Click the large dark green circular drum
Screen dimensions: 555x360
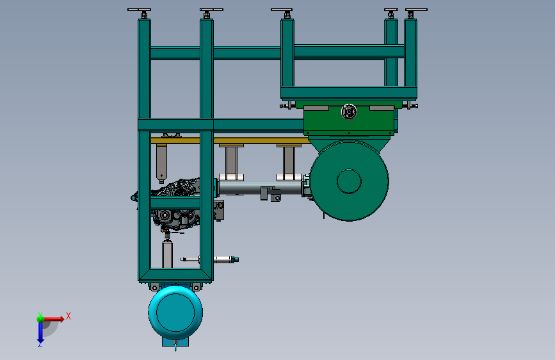tap(350, 181)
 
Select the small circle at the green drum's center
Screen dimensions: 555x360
tap(349, 181)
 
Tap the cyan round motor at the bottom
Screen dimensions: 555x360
tap(175, 313)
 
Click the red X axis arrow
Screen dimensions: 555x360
tap(53, 319)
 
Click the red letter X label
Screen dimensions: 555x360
tap(68, 316)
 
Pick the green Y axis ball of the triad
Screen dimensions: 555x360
tap(40, 319)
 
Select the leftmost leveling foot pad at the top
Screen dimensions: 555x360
tap(139, 10)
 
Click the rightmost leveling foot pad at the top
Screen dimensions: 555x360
tap(416, 10)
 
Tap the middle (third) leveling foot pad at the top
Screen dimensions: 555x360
tap(282, 10)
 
